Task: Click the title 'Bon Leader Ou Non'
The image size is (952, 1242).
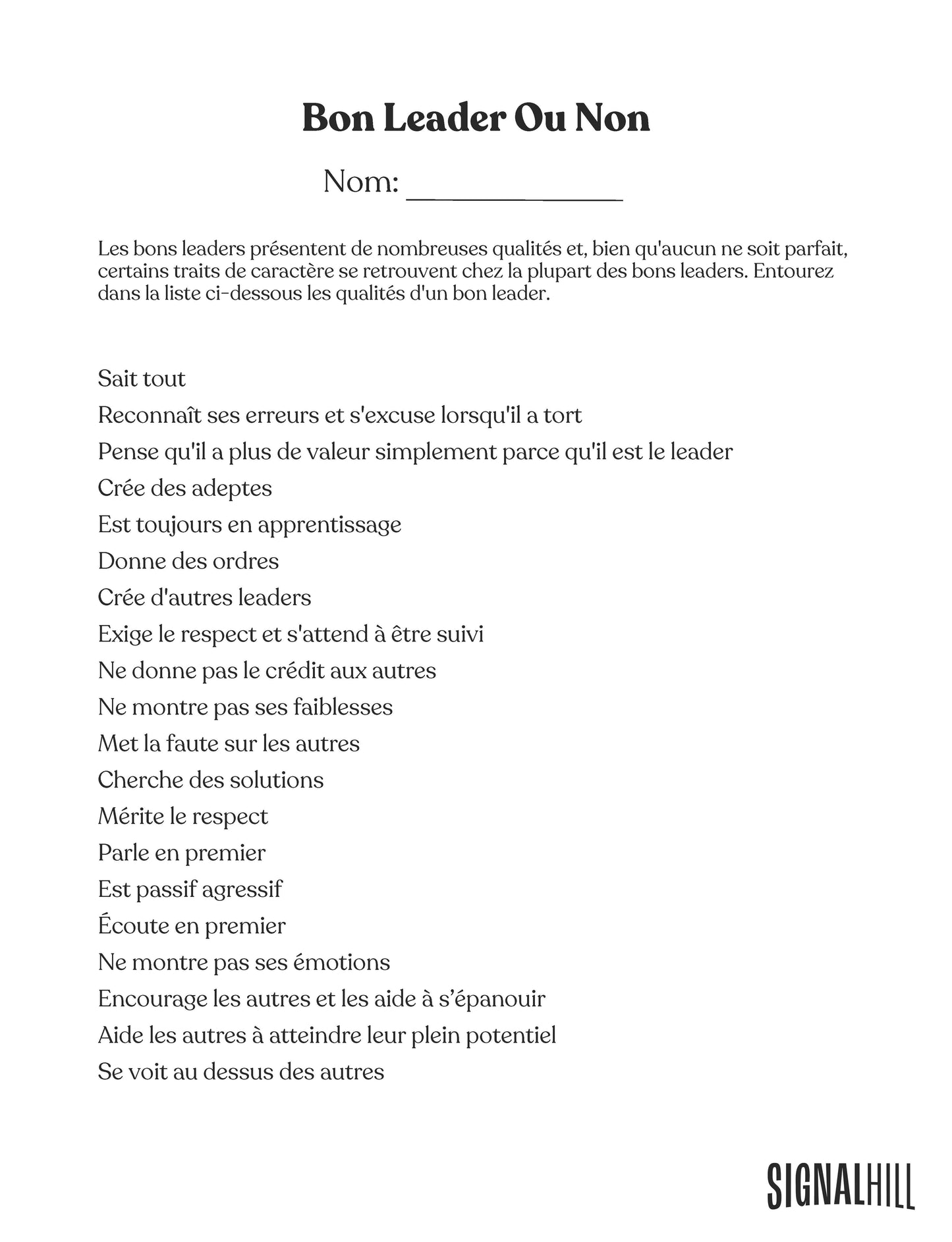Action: [476, 119]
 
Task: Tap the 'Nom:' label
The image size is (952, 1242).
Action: [361, 182]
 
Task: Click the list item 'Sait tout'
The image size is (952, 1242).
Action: [142, 379]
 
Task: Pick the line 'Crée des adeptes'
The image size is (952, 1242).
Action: [185, 488]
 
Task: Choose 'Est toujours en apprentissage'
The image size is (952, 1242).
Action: [250, 525]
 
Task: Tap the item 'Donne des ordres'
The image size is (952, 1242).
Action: [188, 561]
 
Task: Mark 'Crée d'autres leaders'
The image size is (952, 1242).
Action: [204, 598]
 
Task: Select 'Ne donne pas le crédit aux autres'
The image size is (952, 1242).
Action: [267, 670]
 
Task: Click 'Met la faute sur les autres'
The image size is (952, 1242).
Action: [229, 743]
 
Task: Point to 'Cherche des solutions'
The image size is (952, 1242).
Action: [211, 780]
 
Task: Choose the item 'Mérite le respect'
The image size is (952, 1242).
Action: [183, 817]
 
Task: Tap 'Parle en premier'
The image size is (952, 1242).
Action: [182, 853]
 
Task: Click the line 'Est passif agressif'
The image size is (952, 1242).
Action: [190, 890]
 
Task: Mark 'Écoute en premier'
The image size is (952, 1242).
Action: [192, 926]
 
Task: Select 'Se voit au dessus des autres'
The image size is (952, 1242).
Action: [241, 1072]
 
